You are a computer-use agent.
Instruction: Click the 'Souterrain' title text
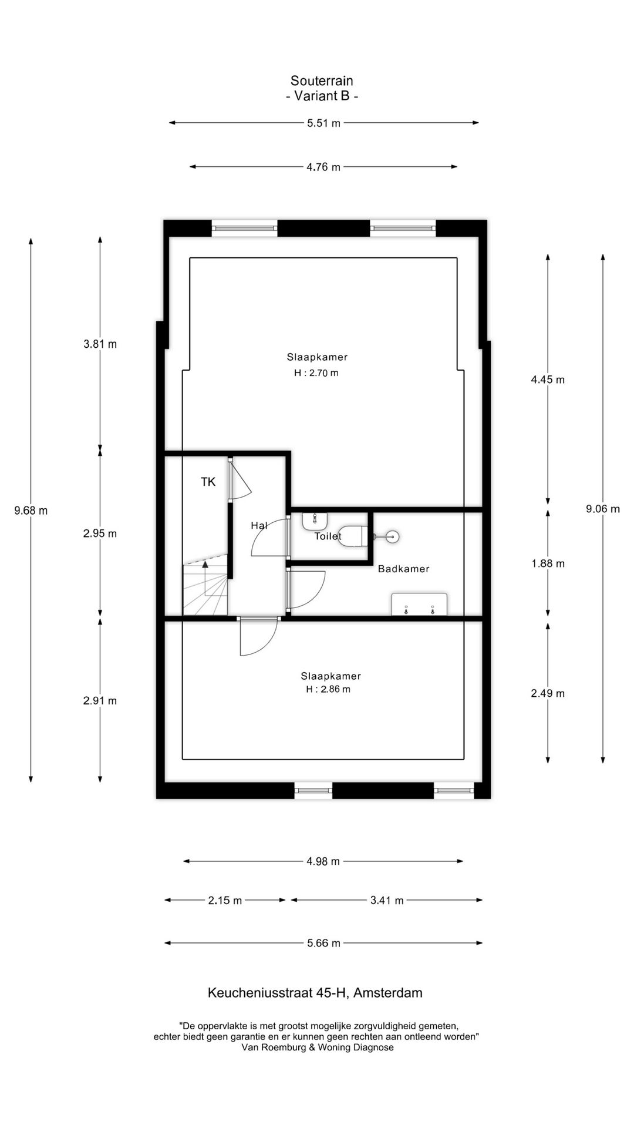(322, 80)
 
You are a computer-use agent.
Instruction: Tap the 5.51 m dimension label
(323, 123)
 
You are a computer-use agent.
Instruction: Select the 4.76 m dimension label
(323, 167)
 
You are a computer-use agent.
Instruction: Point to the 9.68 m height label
(31, 511)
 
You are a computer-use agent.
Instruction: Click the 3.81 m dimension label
(100, 344)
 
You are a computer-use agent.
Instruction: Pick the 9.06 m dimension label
(603, 509)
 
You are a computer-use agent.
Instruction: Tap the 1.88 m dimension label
(548, 563)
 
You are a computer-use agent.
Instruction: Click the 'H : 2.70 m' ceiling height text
(316, 373)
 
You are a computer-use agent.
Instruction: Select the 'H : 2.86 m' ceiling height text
(328, 690)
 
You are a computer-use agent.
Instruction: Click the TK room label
(208, 482)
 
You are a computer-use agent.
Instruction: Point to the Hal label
(259, 525)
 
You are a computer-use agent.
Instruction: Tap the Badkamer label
(404, 569)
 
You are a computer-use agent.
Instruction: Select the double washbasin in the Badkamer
(419, 605)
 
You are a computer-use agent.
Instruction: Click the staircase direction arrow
(205, 565)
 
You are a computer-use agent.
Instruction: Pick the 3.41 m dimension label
(387, 900)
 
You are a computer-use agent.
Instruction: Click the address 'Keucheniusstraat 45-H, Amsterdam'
(315, 993)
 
